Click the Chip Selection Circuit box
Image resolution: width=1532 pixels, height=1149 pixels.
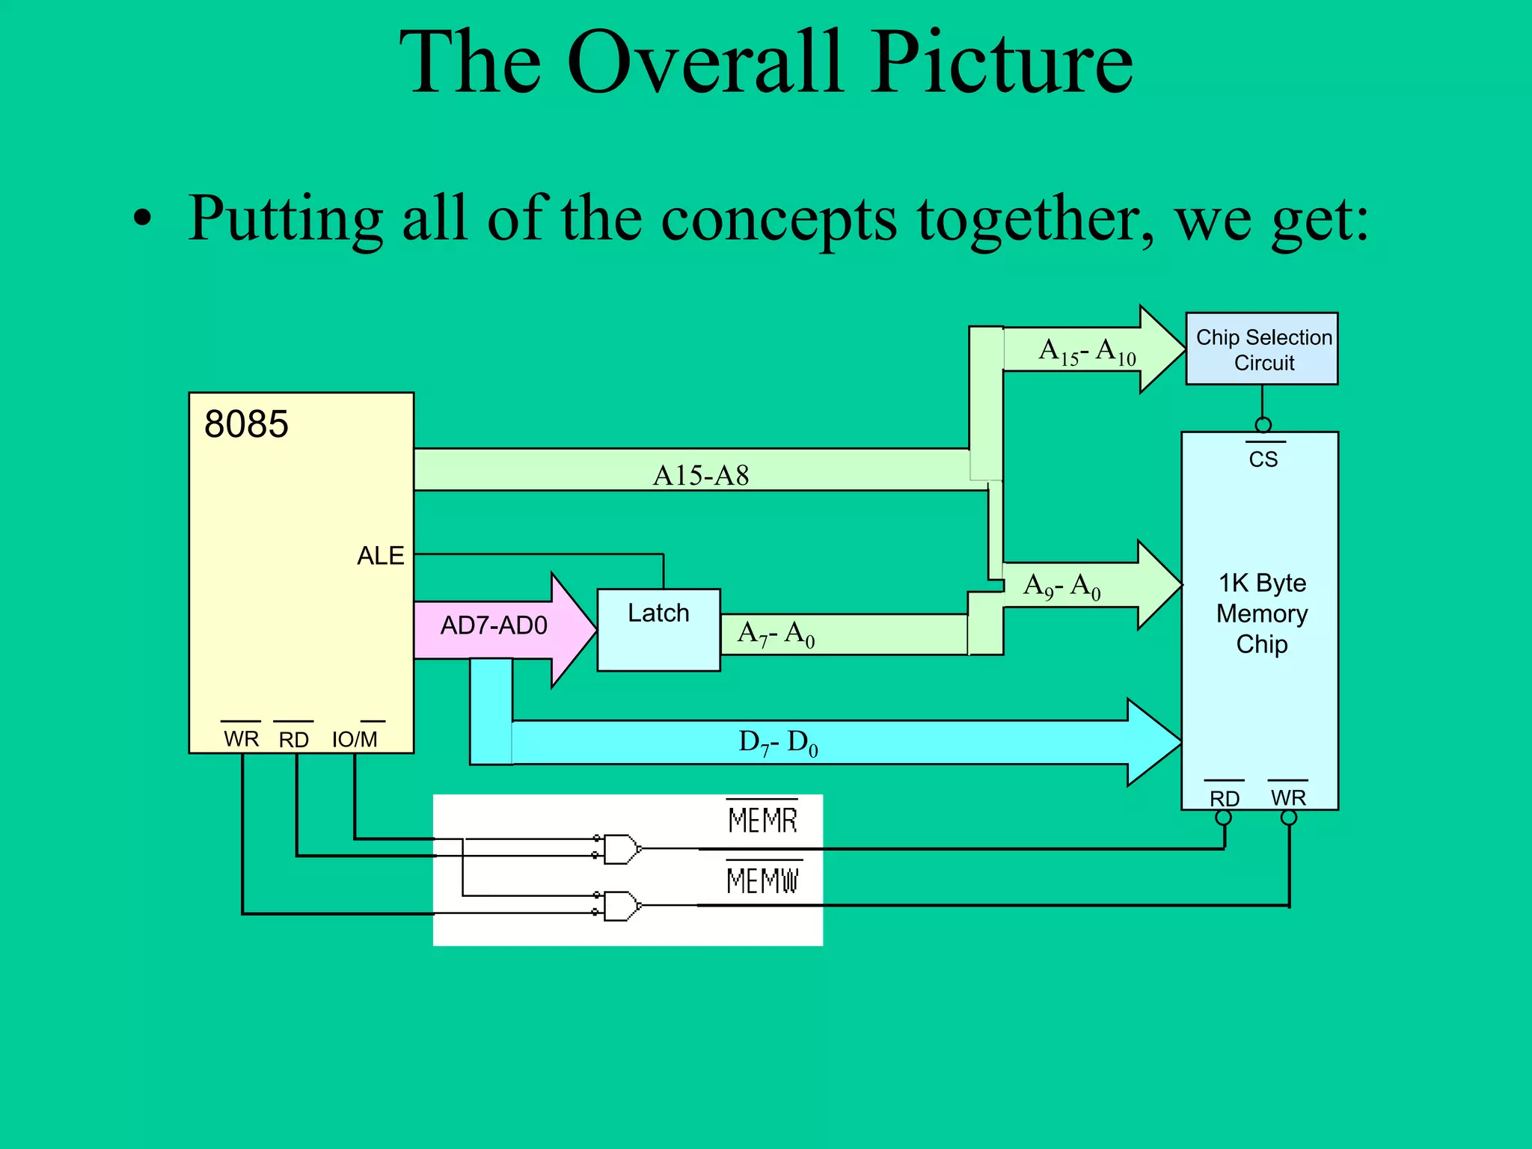coord(1262,349)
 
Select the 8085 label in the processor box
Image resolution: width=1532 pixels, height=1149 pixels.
coord(246,424)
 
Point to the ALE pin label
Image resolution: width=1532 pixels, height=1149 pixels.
coord(380,556)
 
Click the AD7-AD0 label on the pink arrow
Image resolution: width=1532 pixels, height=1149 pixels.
coord(494,625)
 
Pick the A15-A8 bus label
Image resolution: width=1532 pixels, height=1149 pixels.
coord(701,475)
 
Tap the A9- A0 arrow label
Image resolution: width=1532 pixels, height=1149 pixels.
coord(1061,586)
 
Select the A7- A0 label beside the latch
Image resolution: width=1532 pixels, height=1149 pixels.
coord(776,634)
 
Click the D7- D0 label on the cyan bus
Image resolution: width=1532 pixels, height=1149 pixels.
coord(778,743)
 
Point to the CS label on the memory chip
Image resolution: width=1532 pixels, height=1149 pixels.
coord(1263,459)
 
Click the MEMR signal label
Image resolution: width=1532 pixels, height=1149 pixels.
coord(762,821)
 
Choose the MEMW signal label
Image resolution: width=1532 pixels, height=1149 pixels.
coord(763,880)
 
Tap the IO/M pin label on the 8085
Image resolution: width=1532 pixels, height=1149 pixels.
coord(355,739)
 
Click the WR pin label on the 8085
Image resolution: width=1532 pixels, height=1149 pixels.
coord(241,739)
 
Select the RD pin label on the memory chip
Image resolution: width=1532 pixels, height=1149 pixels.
coord(1225,798)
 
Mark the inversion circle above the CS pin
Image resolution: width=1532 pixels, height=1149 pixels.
coord(1263,426)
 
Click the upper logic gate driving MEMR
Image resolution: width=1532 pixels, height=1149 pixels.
coord(622,849)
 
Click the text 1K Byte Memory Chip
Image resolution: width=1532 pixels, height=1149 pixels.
coord(1262,613)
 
